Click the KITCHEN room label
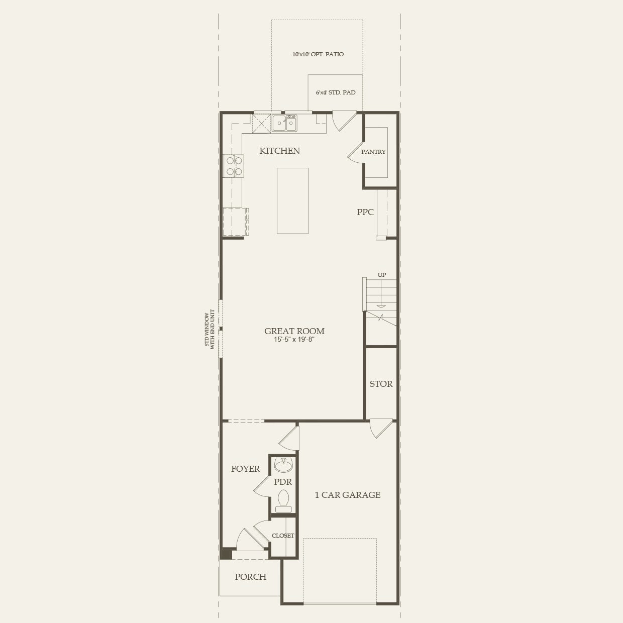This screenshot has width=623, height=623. tap(279, 151)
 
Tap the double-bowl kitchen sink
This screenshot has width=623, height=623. tap(284, 123)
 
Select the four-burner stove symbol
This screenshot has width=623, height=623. tap(234, 166)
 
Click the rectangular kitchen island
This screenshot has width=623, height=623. tap(292, 200)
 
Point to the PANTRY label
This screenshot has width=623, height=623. tap(373, 152)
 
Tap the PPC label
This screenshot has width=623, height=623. tap(365, 212)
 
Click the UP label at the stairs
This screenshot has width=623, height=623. tap(382, 275)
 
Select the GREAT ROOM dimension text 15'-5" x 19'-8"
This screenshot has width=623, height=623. tap(294, 340)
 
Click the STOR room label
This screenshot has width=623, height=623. tap(381, 384)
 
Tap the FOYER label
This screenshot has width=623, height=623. tap(245, 469)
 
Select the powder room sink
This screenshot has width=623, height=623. tap(283, 465)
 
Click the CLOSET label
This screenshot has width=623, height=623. tap(283, 536)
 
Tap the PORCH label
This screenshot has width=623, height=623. tap(250, 577)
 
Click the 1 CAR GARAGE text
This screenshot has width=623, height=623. tap(347, 495)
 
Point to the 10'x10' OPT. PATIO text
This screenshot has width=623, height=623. tap(318, 54)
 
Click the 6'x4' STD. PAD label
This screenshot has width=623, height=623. tap(336, 92)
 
